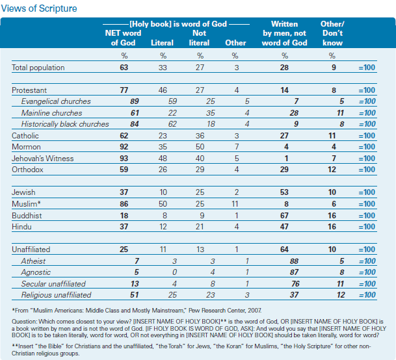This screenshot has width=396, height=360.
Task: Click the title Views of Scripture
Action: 39,8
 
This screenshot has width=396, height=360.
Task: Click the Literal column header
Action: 162,43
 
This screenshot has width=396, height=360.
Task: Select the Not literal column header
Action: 199,38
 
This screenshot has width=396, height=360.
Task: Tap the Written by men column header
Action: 285,33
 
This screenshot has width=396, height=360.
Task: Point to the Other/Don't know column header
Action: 332,33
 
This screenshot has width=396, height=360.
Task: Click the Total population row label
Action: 38,68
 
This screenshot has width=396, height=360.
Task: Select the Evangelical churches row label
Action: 56,101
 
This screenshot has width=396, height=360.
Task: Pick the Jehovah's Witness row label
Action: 43,159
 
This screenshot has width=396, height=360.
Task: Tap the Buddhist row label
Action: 27,216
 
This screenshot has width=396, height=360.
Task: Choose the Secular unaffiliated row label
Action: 53,284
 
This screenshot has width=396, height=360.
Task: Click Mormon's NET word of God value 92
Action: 124,147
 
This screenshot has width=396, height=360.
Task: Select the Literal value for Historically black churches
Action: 172,124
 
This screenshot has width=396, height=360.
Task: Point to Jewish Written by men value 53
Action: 284,192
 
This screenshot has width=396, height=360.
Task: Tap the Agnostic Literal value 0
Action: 174,272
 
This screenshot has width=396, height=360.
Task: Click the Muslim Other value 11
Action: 235,204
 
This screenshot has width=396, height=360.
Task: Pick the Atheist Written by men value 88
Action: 294,261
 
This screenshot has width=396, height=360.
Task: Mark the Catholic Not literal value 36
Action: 200,136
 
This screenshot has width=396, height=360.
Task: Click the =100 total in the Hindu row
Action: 367,227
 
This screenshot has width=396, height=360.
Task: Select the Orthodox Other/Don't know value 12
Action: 332,170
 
